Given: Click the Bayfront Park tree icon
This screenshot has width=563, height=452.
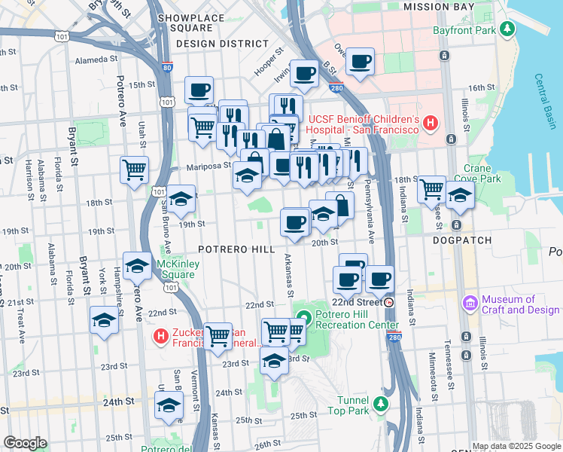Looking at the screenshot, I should pyautogui.click(x=508, y=29).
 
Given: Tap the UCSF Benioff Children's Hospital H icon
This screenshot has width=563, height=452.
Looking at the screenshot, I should pyautogui.click(x=430, y=122).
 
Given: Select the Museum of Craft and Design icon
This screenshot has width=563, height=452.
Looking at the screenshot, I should pyautogui.click(x=470, y=303).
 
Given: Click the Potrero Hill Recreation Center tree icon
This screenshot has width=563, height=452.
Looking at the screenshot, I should pyautogui.click(x=303, y=317).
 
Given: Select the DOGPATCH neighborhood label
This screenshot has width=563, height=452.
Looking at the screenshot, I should pyautogui.click(x=462, y=240).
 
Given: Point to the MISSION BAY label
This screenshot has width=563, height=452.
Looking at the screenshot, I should pyautogui.click(x=439, y=7).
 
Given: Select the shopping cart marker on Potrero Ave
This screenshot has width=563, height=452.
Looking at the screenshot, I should pyautogui.click(x=134, y=170).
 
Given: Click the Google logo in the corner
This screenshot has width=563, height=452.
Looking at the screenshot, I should pyautogui.click(x=25, y=443).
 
